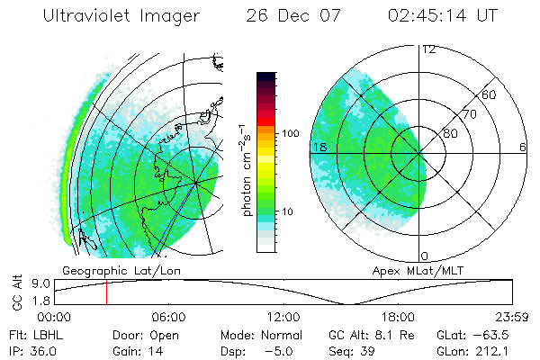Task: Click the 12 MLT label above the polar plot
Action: [x=428, y=49]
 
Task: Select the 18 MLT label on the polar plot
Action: [x=319, y=147]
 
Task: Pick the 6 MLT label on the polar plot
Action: [x=522, y=147]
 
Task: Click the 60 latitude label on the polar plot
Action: [x=490, y=94]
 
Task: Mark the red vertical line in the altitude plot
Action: [x=106, y=292]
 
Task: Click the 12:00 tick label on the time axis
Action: [x=283, y=317]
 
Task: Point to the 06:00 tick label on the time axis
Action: [x=168, y=317]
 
